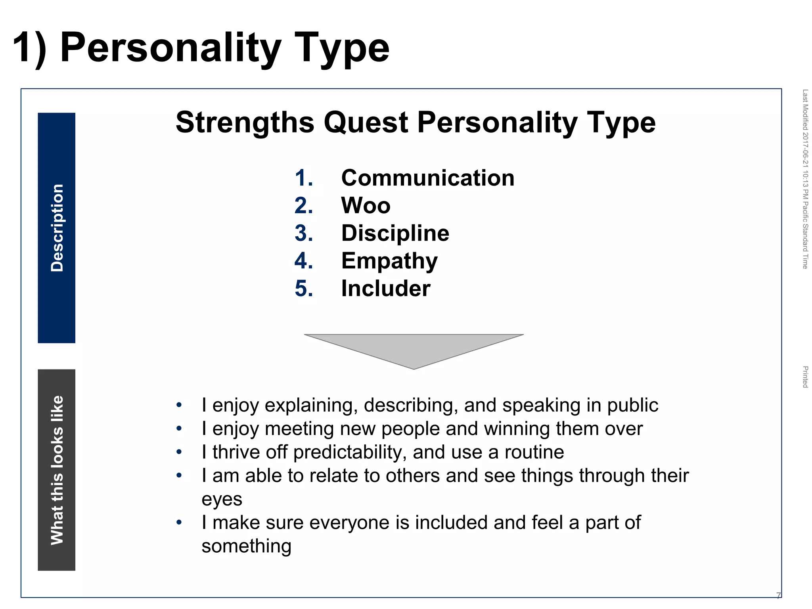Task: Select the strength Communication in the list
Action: pyautogui.click(x=427, y=178)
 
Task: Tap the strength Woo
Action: pyautogui.click(x=366, y=205)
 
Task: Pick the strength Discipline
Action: pyautogui.click(x=395, y=233)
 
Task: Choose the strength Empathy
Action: pyautogui.click(x=389, y=261)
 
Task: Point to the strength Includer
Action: pyautogui.click(x=385, y=288)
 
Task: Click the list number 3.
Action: pyautogui.click(x=303, y=233)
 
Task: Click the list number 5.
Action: pyautogui.click(x=303, y=288)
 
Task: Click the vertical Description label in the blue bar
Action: pyautogui.click(x=57, y=228)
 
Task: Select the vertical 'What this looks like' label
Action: pyautogui.click(x=57, y=470)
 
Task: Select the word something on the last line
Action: pyautogui.click(x=246, y=546)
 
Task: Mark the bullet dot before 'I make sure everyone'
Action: pyautogui.click(x=179, y=522)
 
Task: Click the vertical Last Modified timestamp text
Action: pyautogui.click(x=805, y=178)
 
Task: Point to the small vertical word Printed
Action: pyautogui.click(x=805, y=377)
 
